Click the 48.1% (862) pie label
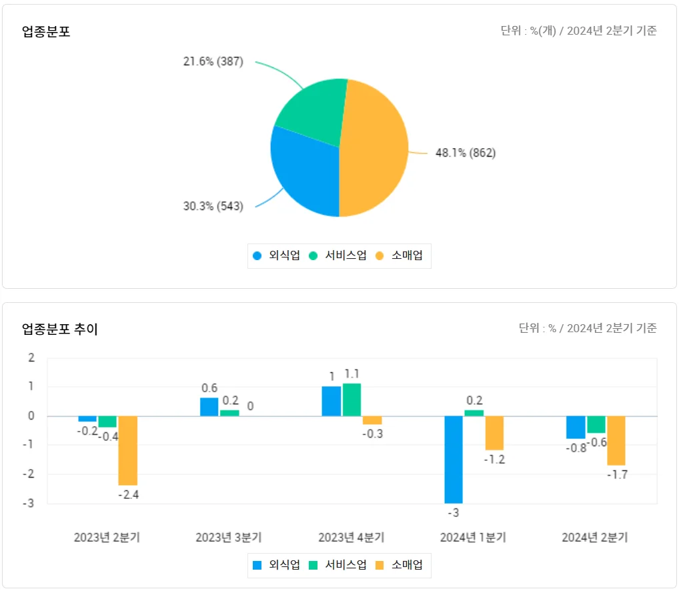(x=466, y=153)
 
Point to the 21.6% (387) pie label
(x=213, y=61)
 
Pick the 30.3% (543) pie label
(x=213, y=206)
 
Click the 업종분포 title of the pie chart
(x=46, y=31)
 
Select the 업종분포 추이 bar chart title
(x=60, y=329)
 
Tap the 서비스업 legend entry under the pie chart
(x=339, y=255)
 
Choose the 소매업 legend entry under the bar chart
(x=400, y=565)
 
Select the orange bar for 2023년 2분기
(x=128, y=450)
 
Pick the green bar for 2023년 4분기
(x=352, y=400)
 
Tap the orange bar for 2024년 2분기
(x=616, y=440)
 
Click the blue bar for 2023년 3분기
(x=209, y=407)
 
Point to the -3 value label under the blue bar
(x=454, y=513)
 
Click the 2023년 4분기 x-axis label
(x=351, y=538)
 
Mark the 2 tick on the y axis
(x=31, y=358)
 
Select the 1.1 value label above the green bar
(x=352, y=374)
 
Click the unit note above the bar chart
(x=588, y=328)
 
